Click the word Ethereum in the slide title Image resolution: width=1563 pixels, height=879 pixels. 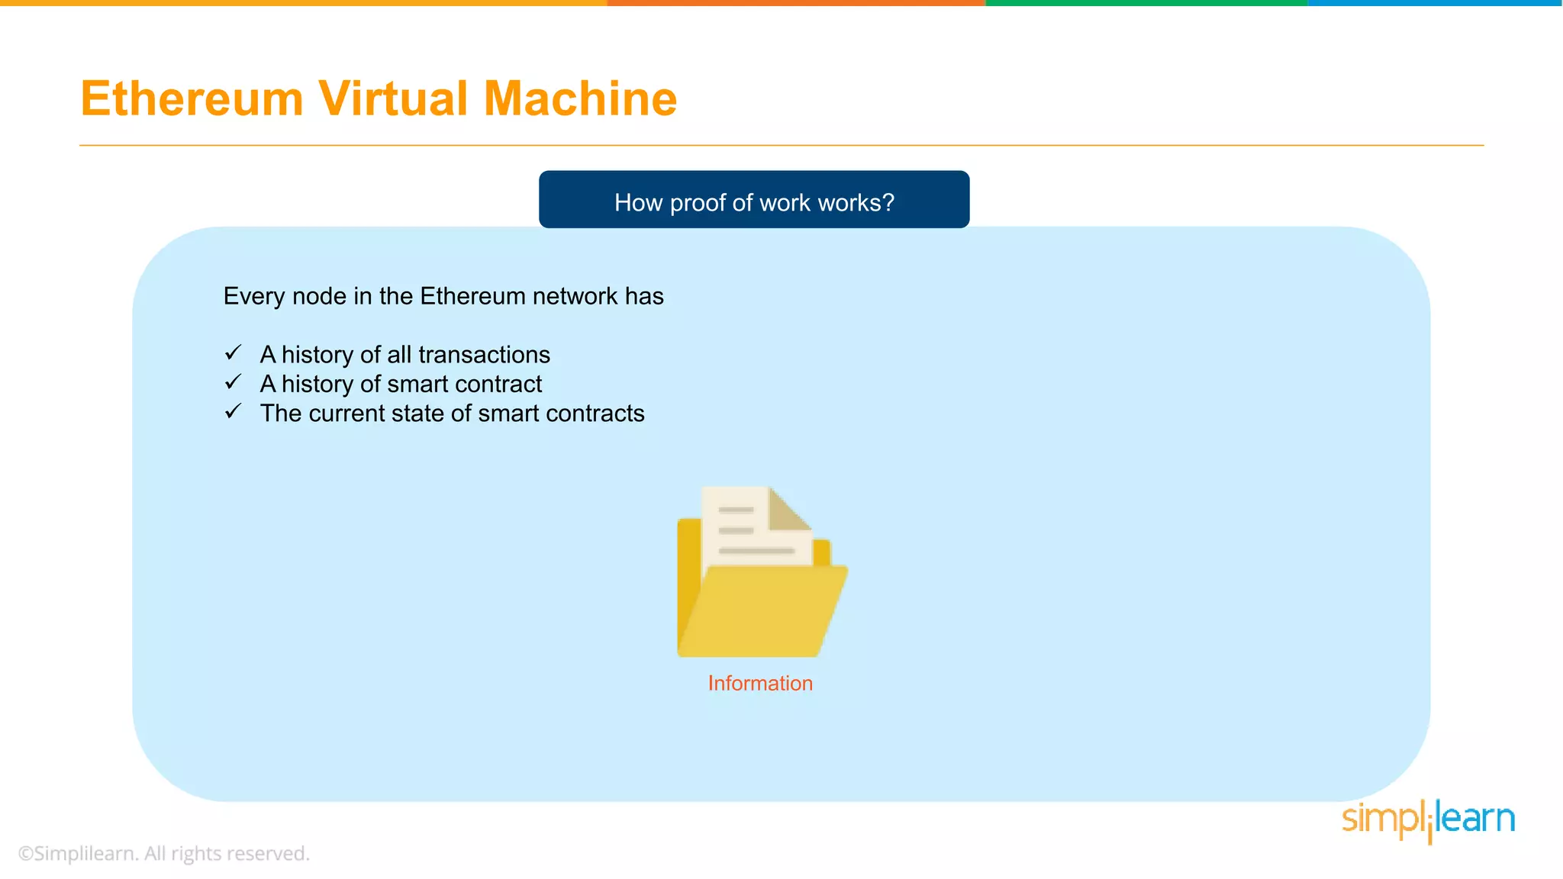192,99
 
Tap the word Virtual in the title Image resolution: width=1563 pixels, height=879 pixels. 393,99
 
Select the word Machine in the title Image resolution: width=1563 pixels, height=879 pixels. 580,99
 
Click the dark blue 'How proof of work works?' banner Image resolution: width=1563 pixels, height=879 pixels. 754,200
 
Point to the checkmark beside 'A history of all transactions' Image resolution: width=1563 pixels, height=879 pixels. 233,353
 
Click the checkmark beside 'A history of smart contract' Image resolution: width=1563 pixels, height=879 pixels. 233,382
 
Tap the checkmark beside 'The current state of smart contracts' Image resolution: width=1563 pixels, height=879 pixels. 233,412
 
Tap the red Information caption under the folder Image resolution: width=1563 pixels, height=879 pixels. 760,683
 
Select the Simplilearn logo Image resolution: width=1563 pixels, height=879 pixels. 1428,819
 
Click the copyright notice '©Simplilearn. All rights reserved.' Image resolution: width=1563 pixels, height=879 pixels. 163,853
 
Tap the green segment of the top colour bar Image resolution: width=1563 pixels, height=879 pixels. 1146,3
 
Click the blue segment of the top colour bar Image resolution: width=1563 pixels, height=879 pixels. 1435,3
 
